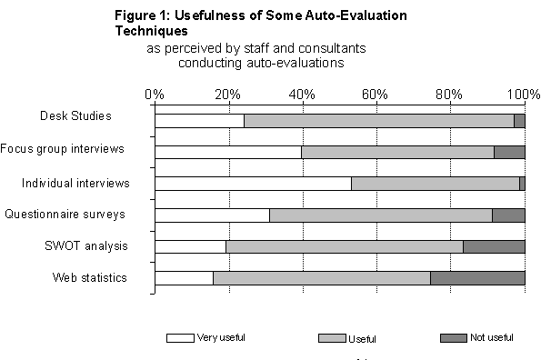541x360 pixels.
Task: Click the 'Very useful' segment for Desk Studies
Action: tap(199, 120)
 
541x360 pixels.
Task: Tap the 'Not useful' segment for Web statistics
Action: tap(477, 278)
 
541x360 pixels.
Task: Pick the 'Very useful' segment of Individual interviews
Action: tap(253, 184)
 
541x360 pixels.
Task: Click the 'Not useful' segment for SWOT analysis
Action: tap(494, 246)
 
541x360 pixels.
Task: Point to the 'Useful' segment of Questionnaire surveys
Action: tap(380, 215)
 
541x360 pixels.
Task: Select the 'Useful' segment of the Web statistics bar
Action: tap(321, 278)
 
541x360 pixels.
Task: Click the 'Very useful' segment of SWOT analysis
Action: tap(190, 246)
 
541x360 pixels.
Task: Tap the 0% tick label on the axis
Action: tap(155, 94)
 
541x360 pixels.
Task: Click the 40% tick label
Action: tap(302, 94)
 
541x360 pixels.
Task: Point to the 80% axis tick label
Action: tap(449, 94)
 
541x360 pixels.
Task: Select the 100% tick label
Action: tap(521, 94)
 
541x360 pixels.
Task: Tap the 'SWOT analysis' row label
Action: tap(86, 246)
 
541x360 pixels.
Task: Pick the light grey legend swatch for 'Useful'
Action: tap(332, 338)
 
